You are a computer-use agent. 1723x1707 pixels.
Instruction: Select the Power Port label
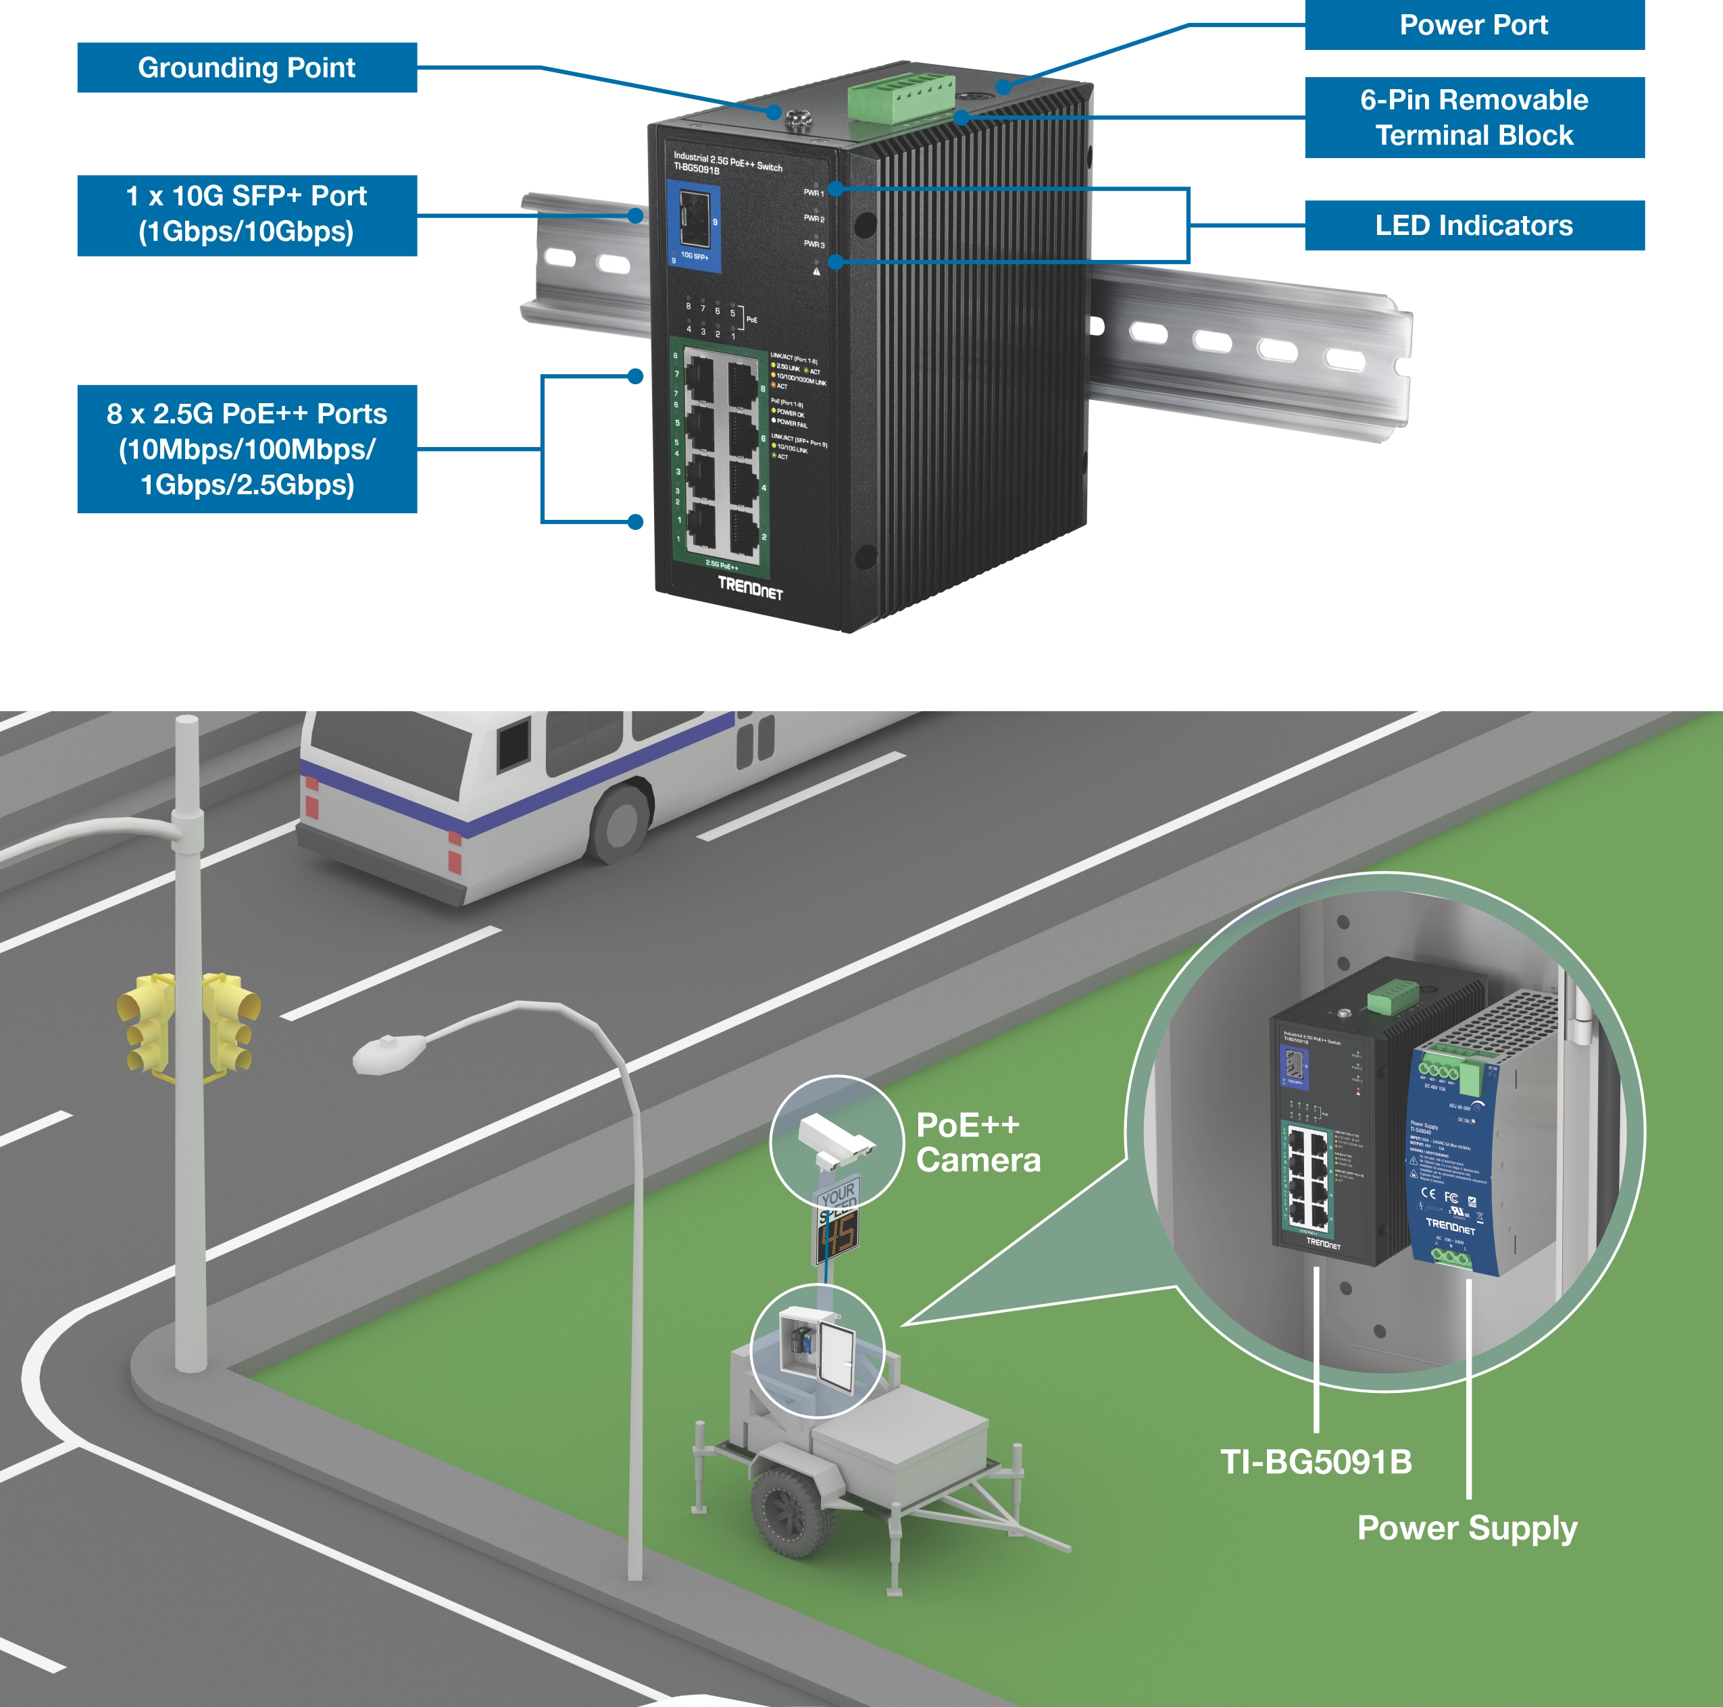point(1472,25)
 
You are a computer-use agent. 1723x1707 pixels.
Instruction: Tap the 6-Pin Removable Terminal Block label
point(1473,117)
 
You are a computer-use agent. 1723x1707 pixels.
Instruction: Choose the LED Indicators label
point(1473,226)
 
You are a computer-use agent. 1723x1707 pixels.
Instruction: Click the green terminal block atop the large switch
point(901,97)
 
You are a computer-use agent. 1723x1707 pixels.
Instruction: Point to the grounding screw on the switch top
point(794,117)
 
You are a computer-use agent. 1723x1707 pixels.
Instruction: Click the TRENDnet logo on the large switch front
point(750,587)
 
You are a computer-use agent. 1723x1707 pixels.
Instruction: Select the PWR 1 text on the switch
point(812,192)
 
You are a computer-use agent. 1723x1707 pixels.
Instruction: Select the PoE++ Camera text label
point(978,1143)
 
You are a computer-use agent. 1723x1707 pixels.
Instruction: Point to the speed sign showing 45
point(837,1234)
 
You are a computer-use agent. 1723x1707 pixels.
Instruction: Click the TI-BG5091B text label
point(1316,1462)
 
